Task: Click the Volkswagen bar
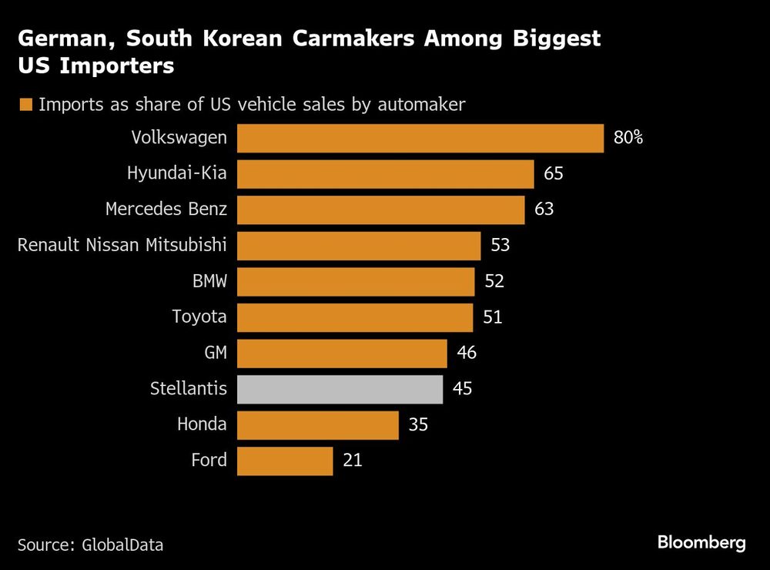coord(420,139)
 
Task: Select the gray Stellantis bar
coord(340,389)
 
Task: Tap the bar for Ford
coord(285,461)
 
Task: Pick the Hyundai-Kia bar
coord(385,174)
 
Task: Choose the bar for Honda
coord(317,424)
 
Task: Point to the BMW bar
coord(356,281)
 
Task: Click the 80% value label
coord(628,139)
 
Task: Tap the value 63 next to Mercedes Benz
coord(544,210)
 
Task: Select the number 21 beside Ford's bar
coord(352,461)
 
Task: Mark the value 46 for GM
coord(467,353)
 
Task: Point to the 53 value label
coord(500,246)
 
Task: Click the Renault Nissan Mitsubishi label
coord(122,246)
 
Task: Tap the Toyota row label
coord(199,317)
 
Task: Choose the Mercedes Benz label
coord(166,210)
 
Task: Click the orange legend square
coord(27,105)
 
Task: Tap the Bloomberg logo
coord(701,542)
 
